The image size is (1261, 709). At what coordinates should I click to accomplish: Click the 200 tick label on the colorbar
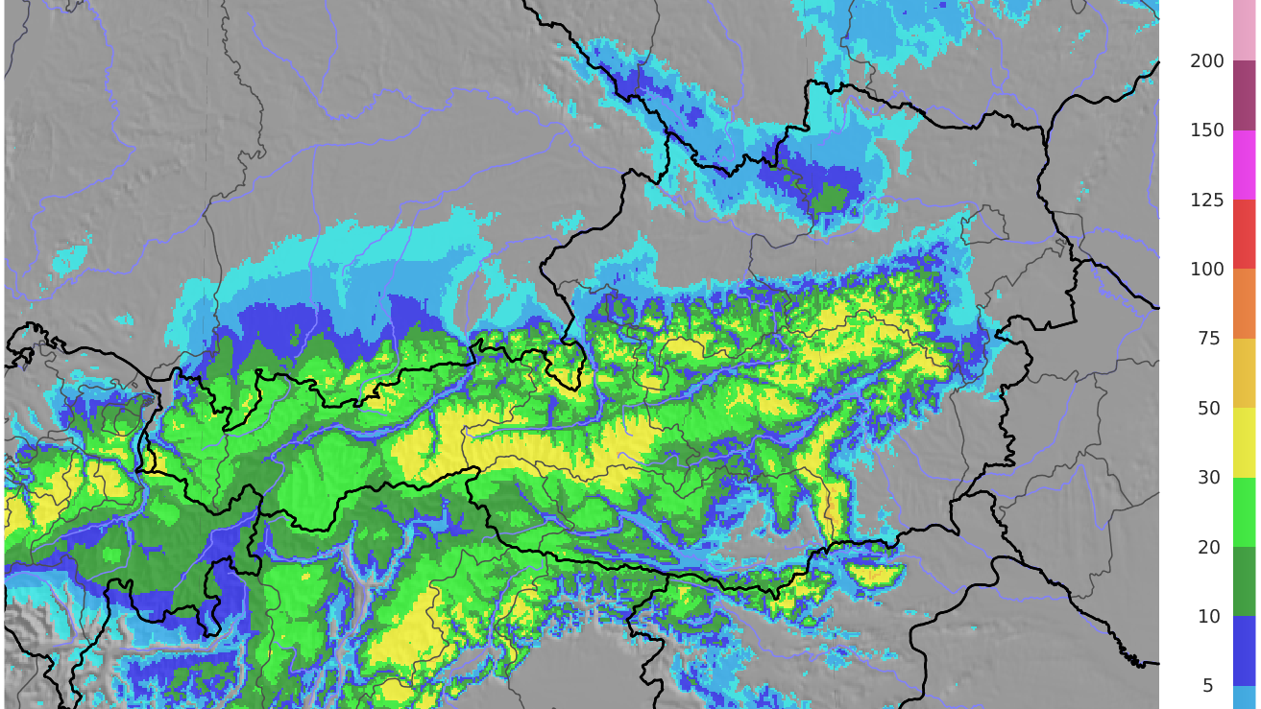[x=1206, y=61]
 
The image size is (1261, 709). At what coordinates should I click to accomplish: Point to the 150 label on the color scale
[x=1206, y=130]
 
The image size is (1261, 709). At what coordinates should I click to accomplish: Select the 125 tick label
[x=1206, y=201]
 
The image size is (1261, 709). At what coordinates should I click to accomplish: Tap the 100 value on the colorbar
[x=1206, y=270]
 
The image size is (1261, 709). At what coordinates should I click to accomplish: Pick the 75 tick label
[x=1206, y=339]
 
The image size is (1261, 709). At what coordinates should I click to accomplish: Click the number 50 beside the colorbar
[x=1206, y=409]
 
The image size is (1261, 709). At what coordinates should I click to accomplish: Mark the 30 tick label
[x=1206, y=478]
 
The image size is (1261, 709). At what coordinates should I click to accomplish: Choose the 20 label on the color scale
[x=1206, y=548]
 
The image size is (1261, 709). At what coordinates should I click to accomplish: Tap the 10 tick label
[x=1206, y=617]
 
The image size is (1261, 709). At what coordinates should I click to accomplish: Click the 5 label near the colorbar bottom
[x=1207, y=686]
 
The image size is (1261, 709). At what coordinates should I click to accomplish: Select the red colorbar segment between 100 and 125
[x=1244, y=234]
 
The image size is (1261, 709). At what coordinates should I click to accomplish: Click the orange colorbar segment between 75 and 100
[x=1244, y=303]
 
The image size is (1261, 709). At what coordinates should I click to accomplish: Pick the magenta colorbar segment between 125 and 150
[x=1244, y=165]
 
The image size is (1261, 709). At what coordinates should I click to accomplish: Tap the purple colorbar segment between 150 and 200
[x=1244, y=95]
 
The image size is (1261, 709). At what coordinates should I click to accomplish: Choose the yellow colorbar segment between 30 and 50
[x=1244, y=442]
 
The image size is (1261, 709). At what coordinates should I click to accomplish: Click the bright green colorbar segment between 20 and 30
[x=1244, y=511]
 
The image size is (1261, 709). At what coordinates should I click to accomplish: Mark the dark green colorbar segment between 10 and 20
[x=1244, y=581]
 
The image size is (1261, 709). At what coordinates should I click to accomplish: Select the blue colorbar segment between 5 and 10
[x=1244, y=650]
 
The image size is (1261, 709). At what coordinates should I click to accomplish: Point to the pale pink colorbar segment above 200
[x=1244, y=29]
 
